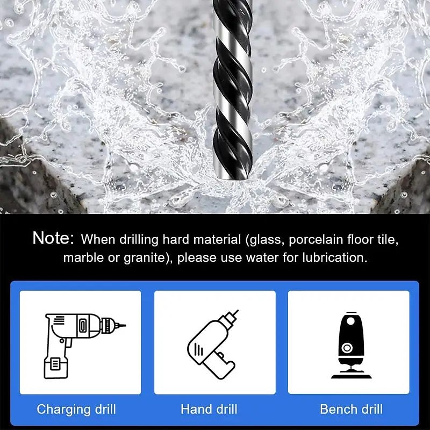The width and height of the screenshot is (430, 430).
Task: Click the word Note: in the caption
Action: click(x=53, y=238)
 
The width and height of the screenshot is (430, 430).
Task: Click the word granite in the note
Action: click(x=144, y=258)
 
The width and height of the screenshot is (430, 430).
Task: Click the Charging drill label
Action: click(x=76, y=410)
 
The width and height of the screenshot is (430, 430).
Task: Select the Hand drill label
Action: click(x=209, y=409)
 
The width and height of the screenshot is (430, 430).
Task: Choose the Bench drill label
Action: click(x=352, y=409)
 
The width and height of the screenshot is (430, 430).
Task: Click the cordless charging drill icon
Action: click(x=85, y=346)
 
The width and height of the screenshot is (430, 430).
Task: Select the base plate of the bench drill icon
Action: click(x=352, y=376)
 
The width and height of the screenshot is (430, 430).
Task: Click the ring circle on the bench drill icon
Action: click(x=347, y=348)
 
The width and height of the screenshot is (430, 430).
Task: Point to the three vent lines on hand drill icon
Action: click(x=198, y=350)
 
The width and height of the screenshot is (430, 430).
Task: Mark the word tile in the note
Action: click(x=388, y=239)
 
